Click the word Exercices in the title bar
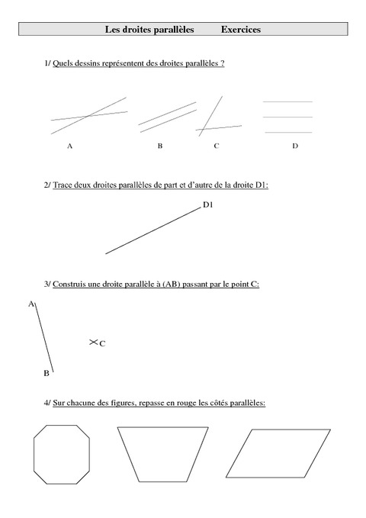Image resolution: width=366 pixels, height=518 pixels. point(241,30)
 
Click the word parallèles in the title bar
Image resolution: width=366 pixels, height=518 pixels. point(172,30)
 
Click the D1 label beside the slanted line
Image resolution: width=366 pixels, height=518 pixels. point(208,204)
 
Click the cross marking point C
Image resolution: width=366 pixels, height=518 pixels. point(93,343)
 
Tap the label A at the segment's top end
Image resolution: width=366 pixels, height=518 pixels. point(30,304)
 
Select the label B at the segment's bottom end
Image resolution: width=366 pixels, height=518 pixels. point(46,373)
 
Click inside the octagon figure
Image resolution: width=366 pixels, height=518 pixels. point(63,455)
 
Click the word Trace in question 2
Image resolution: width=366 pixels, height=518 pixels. point(63,185)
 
